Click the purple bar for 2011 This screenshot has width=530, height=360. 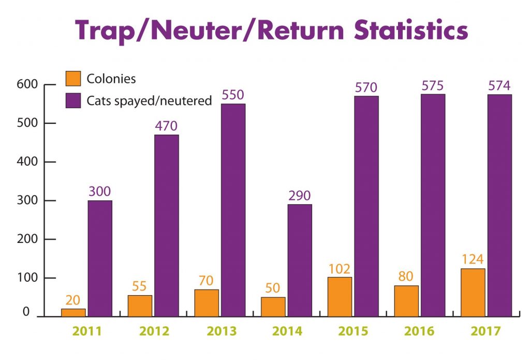pos(100,258)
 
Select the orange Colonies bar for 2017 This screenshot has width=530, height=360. pos(473,292)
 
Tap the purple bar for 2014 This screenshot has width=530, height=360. pos(300,260)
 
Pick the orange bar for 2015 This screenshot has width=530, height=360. pos(340,296)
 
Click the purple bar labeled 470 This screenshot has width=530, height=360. pos(166,225)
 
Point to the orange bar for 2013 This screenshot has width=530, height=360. pos(207,303)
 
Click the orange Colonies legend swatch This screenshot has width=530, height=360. pos(73,79)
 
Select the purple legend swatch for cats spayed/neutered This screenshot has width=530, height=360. pos(73,100)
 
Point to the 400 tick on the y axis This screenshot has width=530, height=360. pos(35,162)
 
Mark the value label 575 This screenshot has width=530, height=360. pos(433,85)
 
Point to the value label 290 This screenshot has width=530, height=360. pos(300,196)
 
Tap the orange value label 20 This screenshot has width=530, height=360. pos(73,300)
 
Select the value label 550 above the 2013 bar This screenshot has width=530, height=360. pos(233,95)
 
